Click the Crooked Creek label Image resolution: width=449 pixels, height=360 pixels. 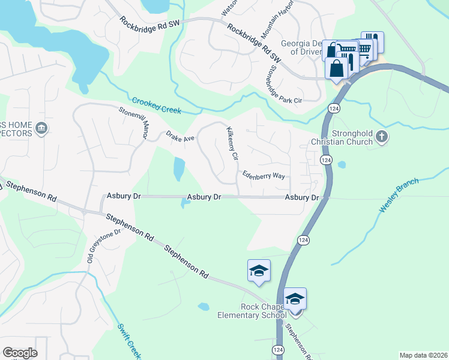click(x=157, y=106)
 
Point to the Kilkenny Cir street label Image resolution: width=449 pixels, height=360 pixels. click(x=232, y=143)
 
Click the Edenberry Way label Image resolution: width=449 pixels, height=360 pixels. click(x=263, y=176)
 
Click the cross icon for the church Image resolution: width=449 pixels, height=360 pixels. click(x=381, y=137)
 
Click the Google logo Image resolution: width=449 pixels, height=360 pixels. click(x=20, y=352)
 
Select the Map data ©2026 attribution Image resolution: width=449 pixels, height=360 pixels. click(x=423, y=355)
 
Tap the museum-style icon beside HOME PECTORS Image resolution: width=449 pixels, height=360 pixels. click(x=41, y=128)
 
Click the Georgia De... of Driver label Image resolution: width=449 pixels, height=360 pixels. click(x=303, y=47)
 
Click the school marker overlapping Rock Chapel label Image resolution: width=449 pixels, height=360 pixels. click(x=295, y=299)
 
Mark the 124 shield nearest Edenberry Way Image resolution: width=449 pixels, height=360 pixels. click(x=326, y=160)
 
